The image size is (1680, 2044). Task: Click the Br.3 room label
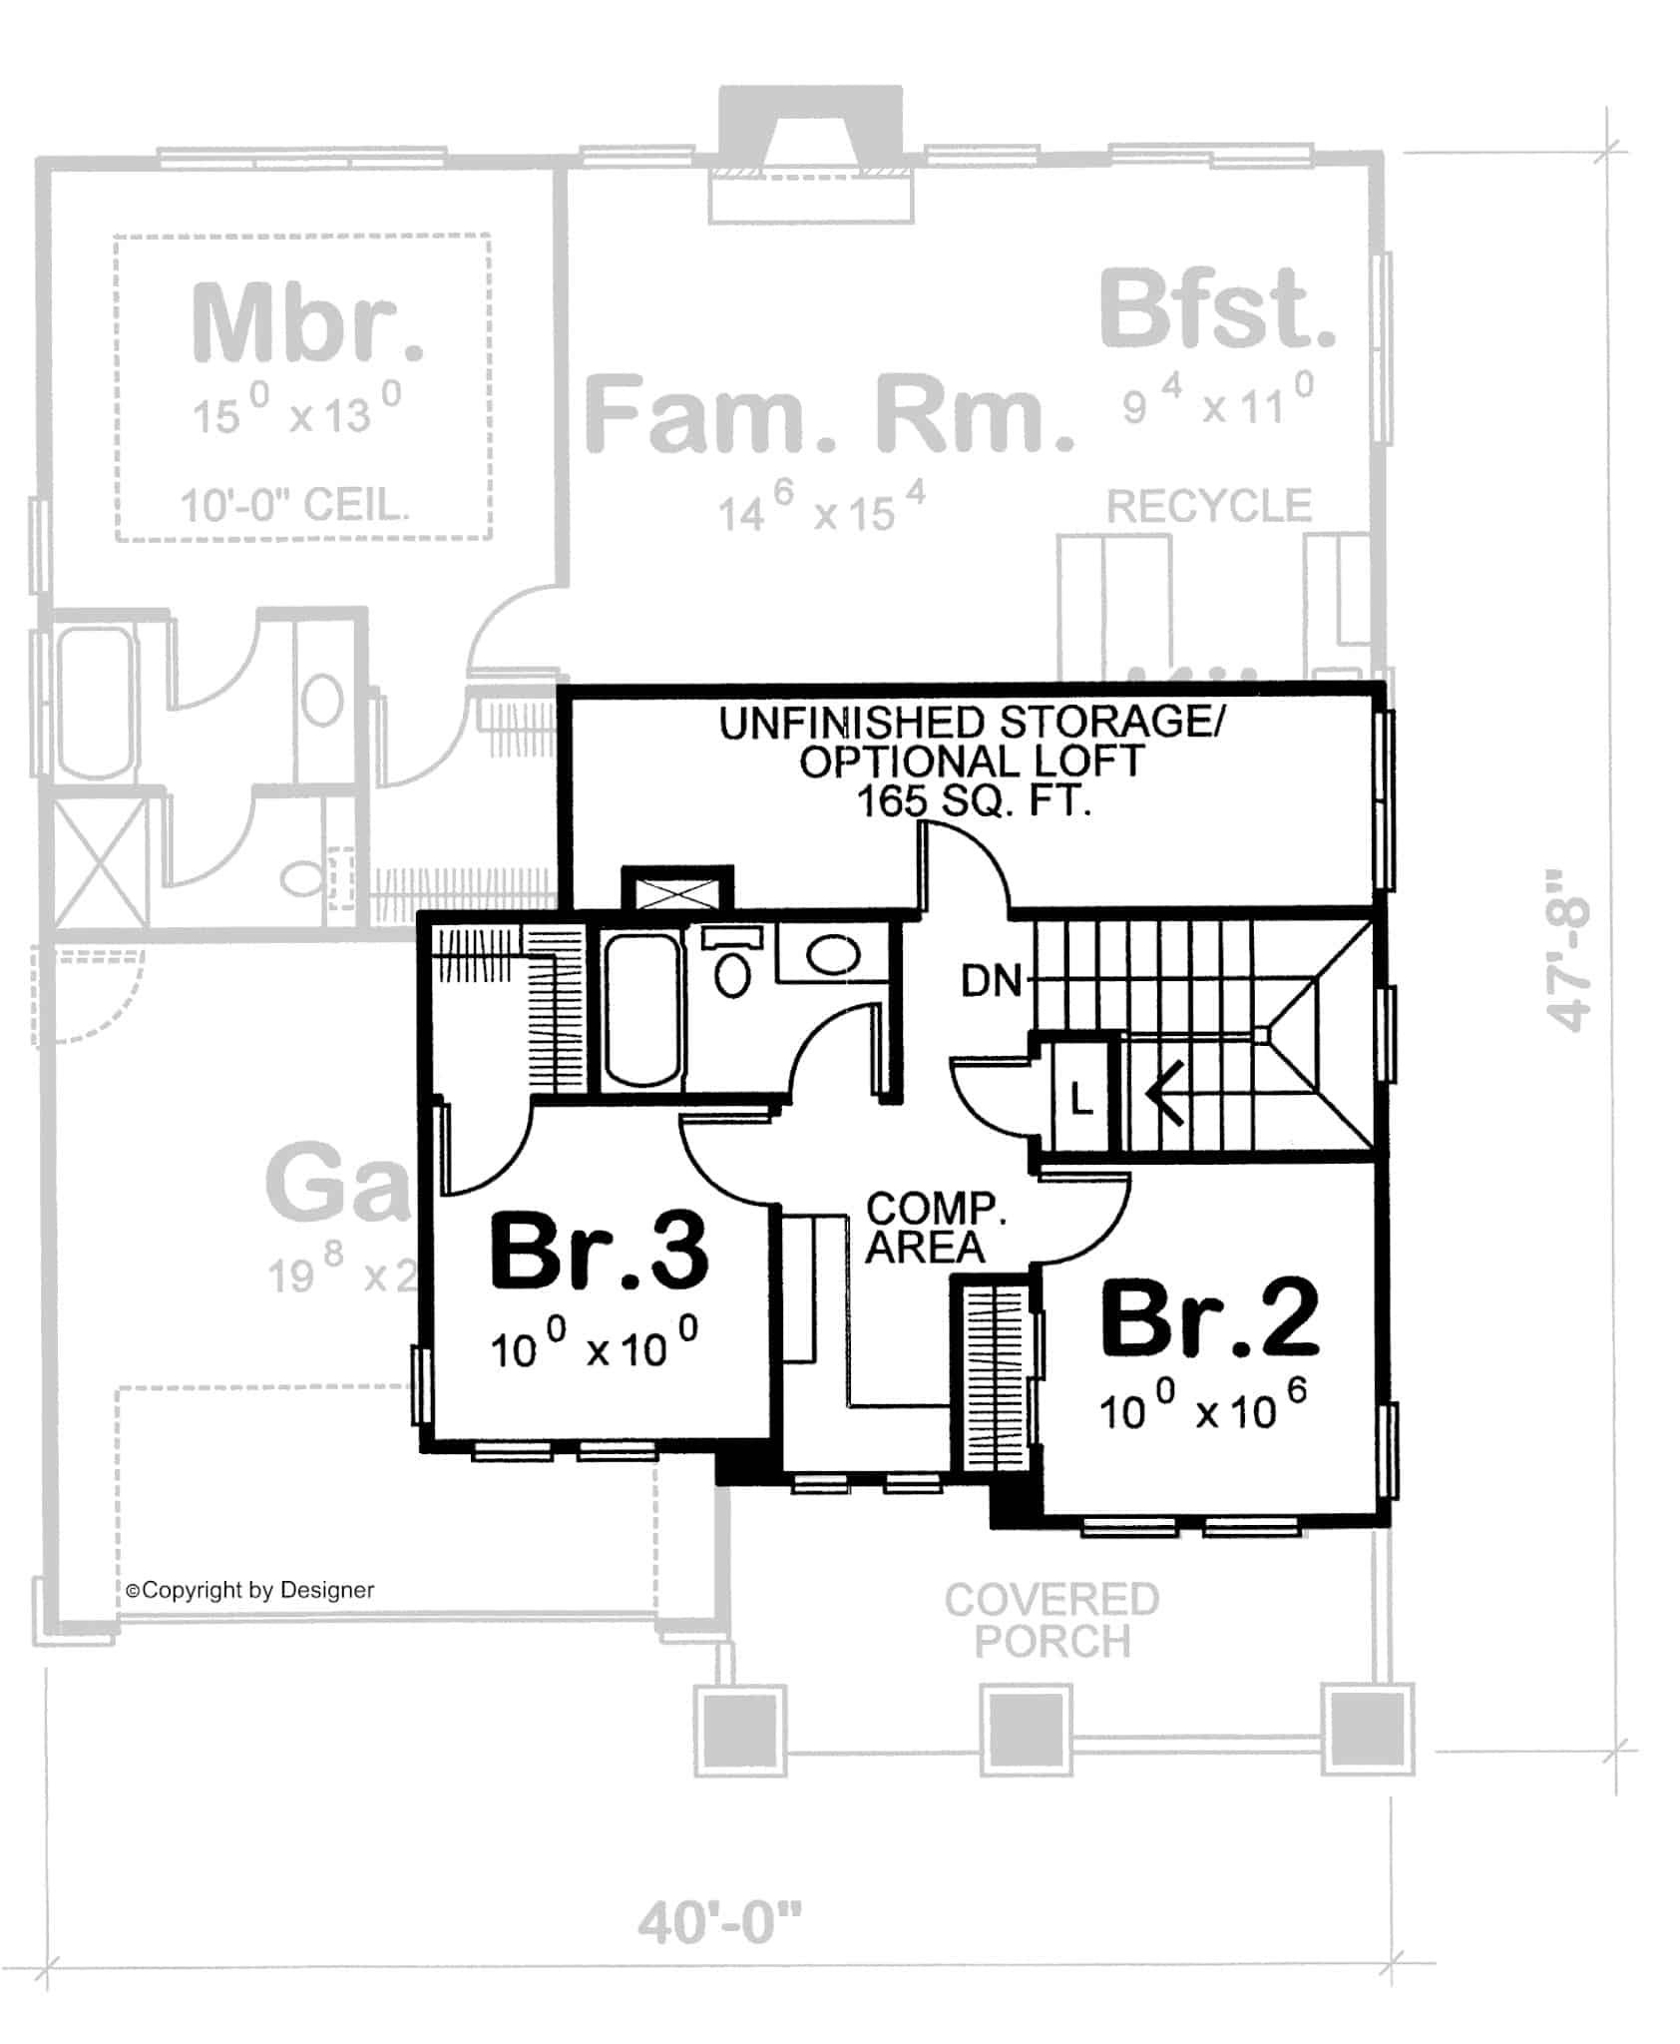tap(599, 1252)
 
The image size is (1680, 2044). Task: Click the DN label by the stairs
tap(991, 982)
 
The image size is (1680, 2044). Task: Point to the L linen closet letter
tap(1081, 1100)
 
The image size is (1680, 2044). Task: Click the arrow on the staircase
tap(1165, 1094)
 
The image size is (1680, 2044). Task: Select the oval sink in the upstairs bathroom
tap(832, 955)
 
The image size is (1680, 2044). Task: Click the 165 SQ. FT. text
tap(974, 801)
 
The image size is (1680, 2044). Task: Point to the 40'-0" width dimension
tap(719, 1923)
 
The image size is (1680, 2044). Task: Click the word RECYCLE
tap(1208, 506)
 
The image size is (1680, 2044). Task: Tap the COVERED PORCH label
tap(1051, 1621)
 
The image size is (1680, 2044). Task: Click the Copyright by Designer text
tap(249, 1591)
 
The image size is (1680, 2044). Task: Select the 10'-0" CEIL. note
tap(295, 506)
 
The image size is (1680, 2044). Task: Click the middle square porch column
tap(1025, 1729)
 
